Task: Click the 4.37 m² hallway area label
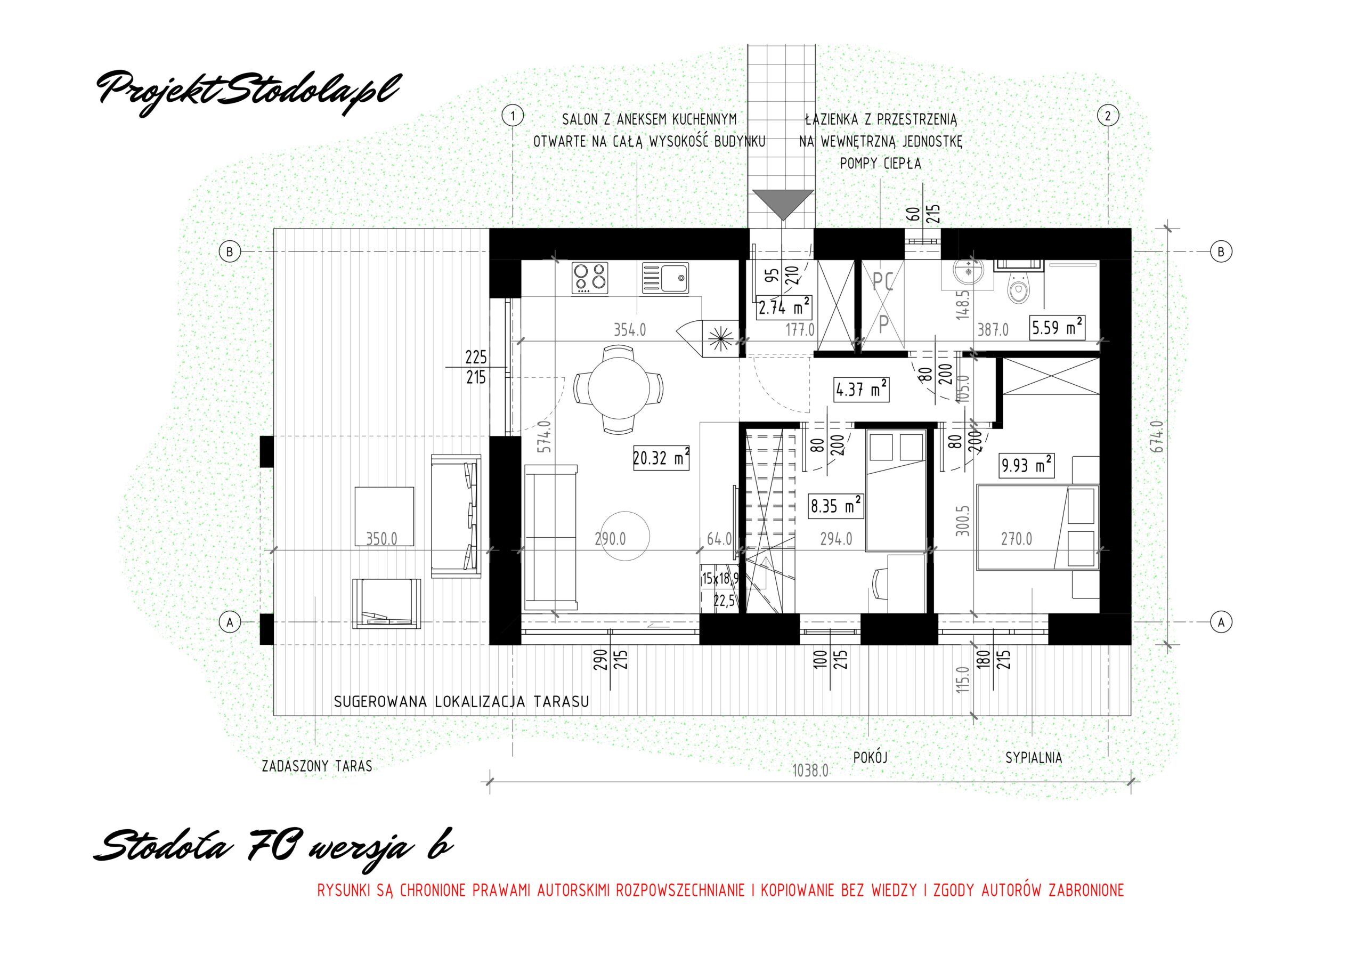(x=862, y=391)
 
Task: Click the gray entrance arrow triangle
(x=783, y=205)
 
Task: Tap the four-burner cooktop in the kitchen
(x=591, y=279)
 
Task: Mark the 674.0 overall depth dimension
(x=1156, y=437)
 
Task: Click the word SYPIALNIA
(x=1034, y=758)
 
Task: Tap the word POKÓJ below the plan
(x=870, y=757)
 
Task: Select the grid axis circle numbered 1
(x=513, y=115)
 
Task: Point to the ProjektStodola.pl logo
(x=248, y=89)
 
